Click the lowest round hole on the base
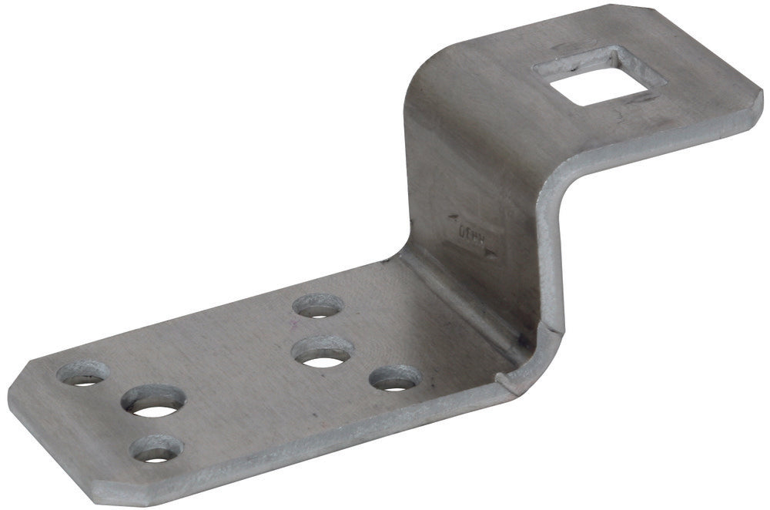pos(156,448)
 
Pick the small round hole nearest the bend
pos(396,377)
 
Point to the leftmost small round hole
pos(82,375)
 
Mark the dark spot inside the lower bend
pos(523,340)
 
